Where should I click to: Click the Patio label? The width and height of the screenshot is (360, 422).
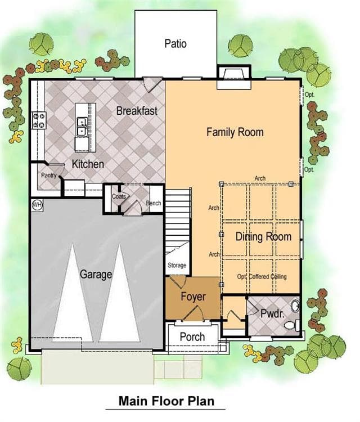[x=175, y=43]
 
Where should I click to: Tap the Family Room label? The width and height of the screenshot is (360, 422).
[x=235, y=132]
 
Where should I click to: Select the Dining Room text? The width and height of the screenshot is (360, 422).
[x=263, y=236]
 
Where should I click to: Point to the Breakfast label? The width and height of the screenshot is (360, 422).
[x=137, y=111]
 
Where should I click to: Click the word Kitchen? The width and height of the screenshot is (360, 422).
[x=88, y=164]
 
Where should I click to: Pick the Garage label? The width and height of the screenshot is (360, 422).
[x=96, y=275]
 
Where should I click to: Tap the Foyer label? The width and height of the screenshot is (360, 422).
[x=193, y=297]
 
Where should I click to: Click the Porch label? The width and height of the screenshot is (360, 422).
[x=192, y=336]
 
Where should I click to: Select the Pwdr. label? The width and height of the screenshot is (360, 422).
[x=272, y=313]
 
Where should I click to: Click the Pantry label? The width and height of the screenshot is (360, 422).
[x=49, y=176]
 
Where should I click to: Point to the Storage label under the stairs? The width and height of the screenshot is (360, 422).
[x=177, y=266]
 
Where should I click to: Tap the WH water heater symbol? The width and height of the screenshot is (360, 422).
[x=37, y=205]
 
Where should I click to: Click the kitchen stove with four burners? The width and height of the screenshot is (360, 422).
[x=39, y=120]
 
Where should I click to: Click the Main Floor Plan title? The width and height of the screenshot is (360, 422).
[x=166, y=401]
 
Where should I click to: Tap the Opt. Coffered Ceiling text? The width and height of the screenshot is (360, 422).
[x=262, y=277]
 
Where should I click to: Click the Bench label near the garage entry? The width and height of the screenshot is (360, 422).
[x=154, y=203]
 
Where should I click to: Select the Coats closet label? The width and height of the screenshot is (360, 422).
[x=119, y=196]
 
